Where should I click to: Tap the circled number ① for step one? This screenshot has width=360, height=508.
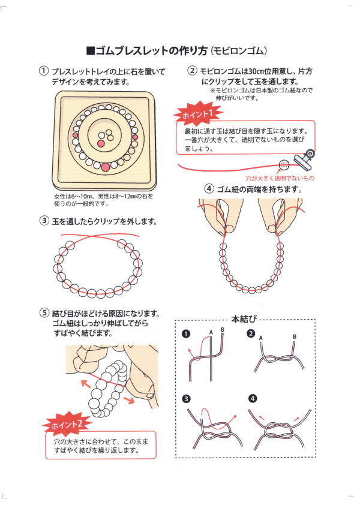point(44,71)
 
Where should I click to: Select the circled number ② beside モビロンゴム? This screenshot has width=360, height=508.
point(193,71)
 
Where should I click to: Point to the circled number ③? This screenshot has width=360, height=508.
point(44,221)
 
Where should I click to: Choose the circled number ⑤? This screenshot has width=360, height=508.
point(44,313)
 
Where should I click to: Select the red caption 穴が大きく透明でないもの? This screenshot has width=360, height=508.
point(280,179)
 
